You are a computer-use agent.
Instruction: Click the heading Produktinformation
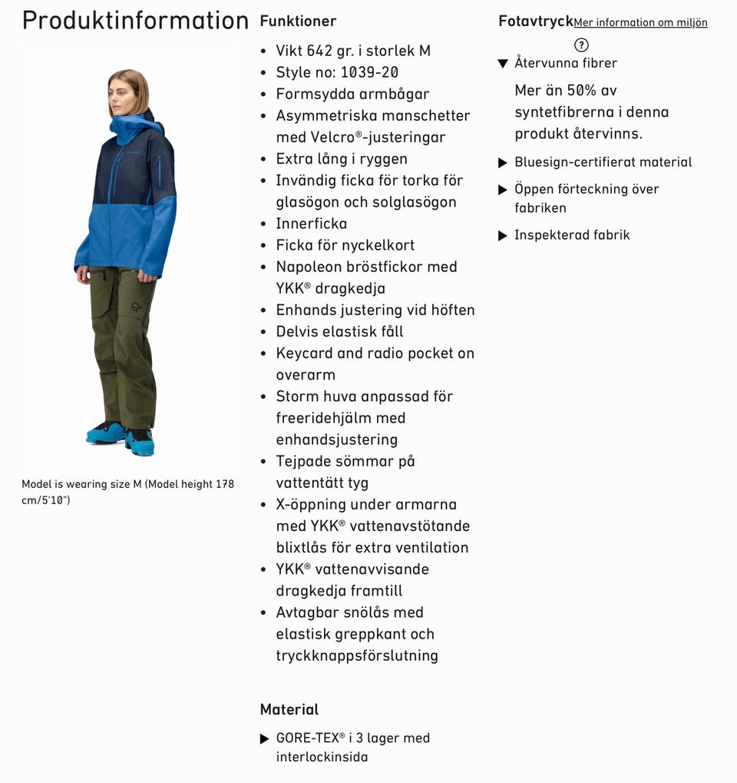pos(135,21)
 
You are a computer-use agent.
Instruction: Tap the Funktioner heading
pos(298,21)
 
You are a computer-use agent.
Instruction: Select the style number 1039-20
pos(369,72)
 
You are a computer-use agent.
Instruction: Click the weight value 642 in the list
pos(319,51)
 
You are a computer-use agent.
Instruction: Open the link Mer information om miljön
pos(640,23)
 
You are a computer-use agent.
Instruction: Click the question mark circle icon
pos(581,45)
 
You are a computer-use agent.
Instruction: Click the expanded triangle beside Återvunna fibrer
pos(503,64)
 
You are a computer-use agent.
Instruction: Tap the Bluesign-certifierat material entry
pos(603,162)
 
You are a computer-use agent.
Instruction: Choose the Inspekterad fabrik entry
pos(572,235)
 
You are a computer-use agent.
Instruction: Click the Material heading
pos(289,709)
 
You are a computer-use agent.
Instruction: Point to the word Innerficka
pos(312,224)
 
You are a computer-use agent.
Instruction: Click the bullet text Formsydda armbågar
pos(352,94)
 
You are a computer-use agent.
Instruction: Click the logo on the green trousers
pos(137,306)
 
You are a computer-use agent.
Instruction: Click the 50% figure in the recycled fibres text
pos(581,91)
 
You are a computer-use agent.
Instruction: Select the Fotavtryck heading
pos(535,21)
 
